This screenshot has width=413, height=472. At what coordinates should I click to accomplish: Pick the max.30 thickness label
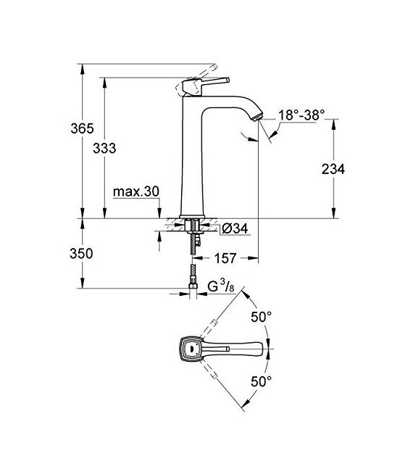[136, 192]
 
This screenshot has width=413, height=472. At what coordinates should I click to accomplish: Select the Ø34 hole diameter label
[233, 228]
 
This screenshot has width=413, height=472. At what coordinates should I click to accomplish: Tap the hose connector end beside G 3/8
[193, 291]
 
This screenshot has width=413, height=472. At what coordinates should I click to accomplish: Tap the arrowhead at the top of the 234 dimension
[333, 123]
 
